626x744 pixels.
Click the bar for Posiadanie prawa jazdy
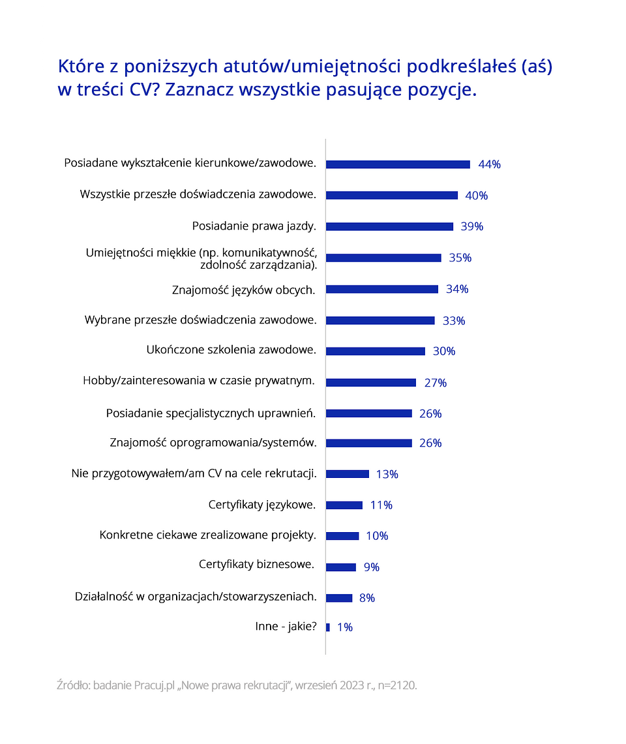coord(389,226)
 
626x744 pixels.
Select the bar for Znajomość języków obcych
coord(381,289)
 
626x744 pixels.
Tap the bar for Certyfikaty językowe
coord(344,505)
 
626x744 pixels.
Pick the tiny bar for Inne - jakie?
coord(328,627)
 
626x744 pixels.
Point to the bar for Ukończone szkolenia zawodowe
coord(375,351)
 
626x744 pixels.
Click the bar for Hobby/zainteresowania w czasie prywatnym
coord(370,383)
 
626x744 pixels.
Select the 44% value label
coord(489,164)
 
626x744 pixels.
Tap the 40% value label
coord(476,196)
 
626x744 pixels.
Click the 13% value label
coord(387,474)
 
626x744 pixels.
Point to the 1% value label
coord(345,627)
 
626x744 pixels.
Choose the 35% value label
coord(460,258)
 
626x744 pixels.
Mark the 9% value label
coord(371,567)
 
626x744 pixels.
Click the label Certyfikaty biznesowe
coord(257,564)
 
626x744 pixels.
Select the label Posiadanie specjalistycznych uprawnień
coord(211,413)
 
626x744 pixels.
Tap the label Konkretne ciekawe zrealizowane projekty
coord(208,535)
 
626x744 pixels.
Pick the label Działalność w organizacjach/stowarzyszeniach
coord(196,596)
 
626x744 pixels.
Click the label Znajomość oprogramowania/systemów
coord(213,443)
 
